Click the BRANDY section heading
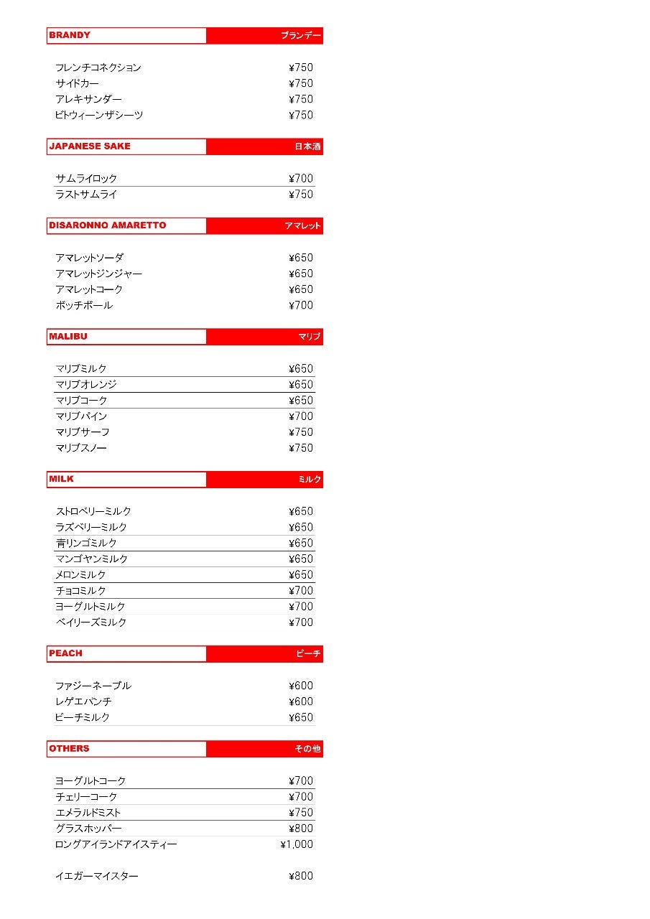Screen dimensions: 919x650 tap(70, 35)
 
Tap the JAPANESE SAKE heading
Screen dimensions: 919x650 tap(90, 146)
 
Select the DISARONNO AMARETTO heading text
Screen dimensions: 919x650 tap(108, 225)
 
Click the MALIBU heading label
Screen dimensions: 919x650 tap(68, 337)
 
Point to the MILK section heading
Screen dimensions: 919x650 tap(62, 479)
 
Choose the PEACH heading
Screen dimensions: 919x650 tap(66, 653)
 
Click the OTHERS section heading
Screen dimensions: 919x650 tap(70, 749)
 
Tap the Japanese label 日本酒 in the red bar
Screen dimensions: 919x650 tap(307, 146)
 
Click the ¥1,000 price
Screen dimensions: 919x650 tap(297, 844)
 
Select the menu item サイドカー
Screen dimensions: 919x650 tap(78, 83)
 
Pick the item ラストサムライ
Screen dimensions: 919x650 tap(86, 195)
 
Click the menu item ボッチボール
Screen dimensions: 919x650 tap(84, 305)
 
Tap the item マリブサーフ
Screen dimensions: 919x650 tap(83, 432)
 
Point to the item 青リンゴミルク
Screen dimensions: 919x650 tap(86, 544)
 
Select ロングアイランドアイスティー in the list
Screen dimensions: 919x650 tap(116, 844)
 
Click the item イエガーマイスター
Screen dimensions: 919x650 tap(97, 876)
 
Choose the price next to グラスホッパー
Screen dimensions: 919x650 tap(301, 829)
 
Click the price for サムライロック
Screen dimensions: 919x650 tap(301, 179)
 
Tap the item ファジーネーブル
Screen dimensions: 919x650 tap(93, 686)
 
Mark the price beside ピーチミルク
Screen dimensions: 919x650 tap(301, 717)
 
